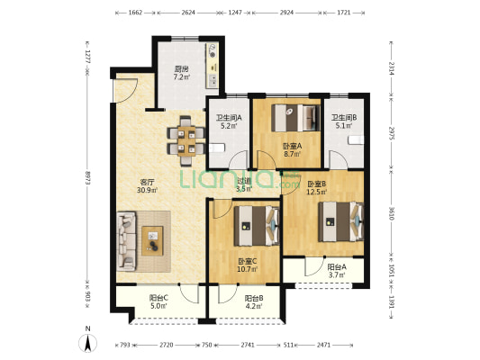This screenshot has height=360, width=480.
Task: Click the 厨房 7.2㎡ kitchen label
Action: [182, 73]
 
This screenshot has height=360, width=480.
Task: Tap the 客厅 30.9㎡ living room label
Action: [147, 186]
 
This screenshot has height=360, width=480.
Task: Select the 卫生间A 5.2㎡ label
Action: [229, 121]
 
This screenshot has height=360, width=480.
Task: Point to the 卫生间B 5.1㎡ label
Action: [344, 121]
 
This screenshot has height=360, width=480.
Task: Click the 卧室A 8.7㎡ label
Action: [292, 150]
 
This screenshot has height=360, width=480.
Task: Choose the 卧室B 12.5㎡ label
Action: [317, 188]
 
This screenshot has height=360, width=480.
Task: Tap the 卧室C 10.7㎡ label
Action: [248, 265]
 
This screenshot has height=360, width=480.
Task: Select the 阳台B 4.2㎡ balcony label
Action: [254, 301]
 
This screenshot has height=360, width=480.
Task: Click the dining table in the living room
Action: [186, 140]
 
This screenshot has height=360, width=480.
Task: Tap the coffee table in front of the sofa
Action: [152, 240]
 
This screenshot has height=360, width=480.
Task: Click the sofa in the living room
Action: [126, 241]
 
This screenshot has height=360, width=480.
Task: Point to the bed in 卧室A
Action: [295, 118]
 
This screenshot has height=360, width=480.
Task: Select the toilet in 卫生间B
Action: [356, 139]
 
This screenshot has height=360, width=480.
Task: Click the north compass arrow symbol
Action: [88, 343]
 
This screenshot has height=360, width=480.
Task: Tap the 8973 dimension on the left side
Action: [87, 176]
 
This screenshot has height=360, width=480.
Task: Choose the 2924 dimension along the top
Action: [286, 13]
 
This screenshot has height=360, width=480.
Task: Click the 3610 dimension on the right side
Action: [392, 213]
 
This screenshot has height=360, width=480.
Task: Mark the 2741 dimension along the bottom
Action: [248, 345]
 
